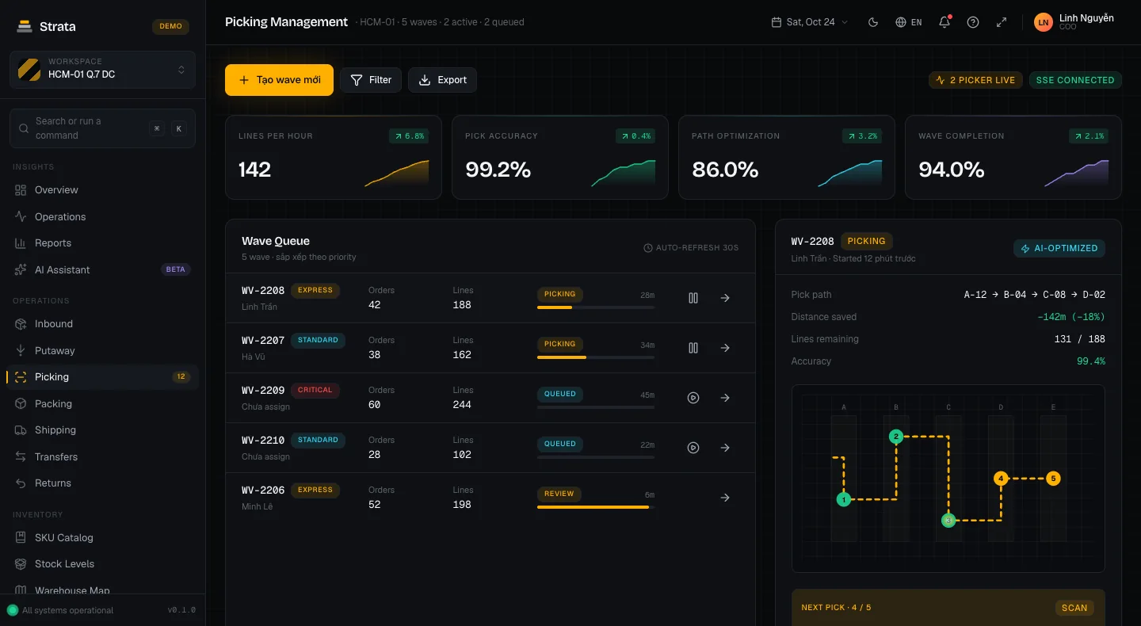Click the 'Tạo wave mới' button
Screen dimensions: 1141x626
point(279,80)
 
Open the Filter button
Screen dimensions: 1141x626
point(371,80)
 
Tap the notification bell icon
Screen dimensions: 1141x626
point(944,22)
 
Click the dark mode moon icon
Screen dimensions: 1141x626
point(873,22)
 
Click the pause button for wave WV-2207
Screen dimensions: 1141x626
point(693,348)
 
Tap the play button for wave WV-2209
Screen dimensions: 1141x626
point(693,398)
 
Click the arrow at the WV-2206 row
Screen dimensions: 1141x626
point(725,498)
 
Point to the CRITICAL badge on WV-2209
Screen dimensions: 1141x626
point(315,390)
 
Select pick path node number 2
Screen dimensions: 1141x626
point(896,437)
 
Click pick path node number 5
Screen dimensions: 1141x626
point(1053,479)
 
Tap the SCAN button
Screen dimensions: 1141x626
point(1074,608)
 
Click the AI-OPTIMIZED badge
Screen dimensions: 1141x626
point(1059,248)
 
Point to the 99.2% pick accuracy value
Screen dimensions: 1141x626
point(498,169)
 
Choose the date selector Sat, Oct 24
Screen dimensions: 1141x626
point(810,22)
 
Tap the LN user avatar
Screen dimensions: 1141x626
point(1044,22)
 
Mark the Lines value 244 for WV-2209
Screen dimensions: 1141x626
point(462,404)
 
